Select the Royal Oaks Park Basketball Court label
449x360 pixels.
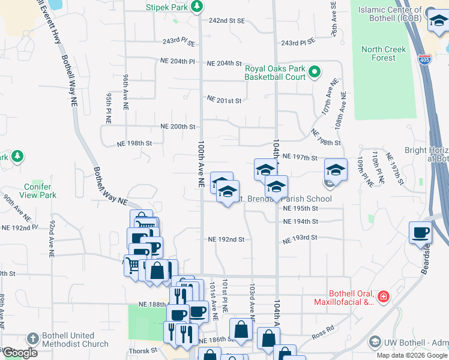click(275, 72)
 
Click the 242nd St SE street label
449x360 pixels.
click(227, 20)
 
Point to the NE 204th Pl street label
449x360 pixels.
click(178, 61)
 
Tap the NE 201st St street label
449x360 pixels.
click(224, 100)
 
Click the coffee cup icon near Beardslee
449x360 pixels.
click(420, 232)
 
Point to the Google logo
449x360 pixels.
click(20, 353)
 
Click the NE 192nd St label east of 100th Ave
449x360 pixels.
click(226, 239)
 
